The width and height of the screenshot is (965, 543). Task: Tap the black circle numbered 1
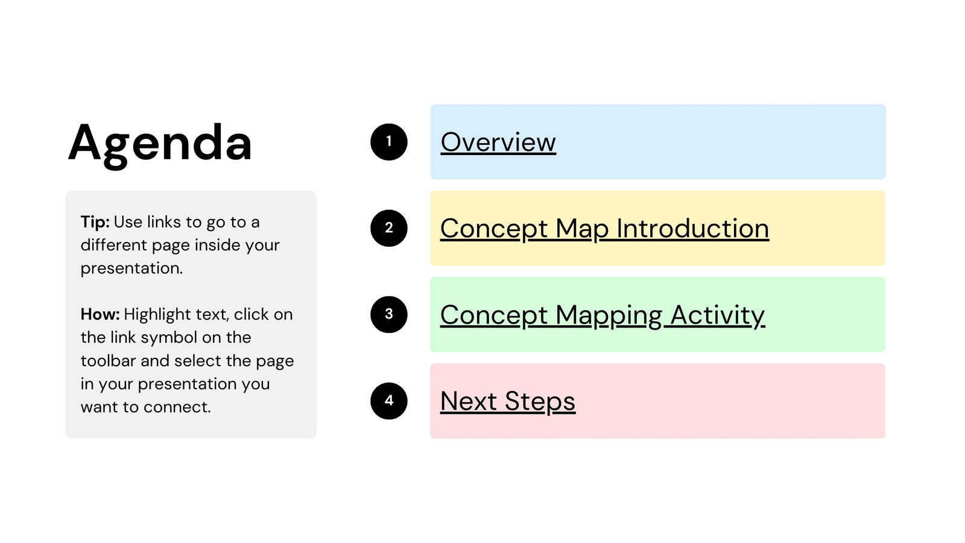pos(388,142)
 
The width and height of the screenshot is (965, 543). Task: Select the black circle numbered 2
pos(388,228)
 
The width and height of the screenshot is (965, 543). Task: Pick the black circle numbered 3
pos(388,314)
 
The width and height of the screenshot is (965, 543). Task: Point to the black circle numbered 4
pos(388,401)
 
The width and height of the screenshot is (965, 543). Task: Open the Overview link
pos(498,142)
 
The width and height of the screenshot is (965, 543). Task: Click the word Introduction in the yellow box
pos(693,228)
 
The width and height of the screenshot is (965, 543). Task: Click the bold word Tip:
pos(95,223)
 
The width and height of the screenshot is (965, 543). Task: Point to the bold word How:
pos(100,314)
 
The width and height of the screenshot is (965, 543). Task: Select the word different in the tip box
pos(114,245)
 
